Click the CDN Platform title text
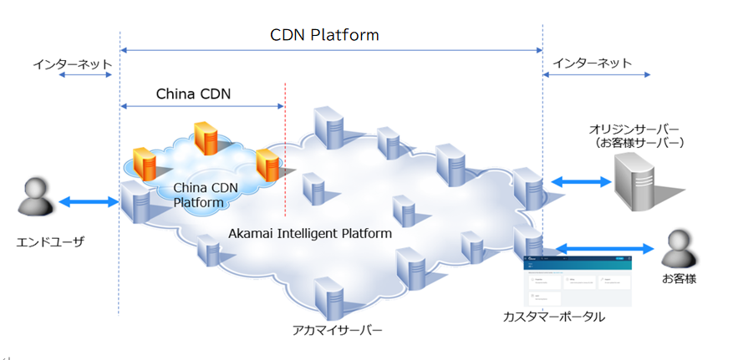[324, 35]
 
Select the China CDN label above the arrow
[193, 94]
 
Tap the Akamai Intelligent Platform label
[310, 233]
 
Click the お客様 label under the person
[677, 280]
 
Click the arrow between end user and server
[88, 201]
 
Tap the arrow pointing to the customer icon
[603, 248]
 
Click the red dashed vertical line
[286, 150]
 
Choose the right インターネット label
[593, 63]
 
